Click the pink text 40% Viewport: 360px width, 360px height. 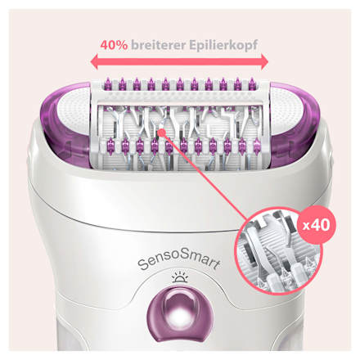114,45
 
